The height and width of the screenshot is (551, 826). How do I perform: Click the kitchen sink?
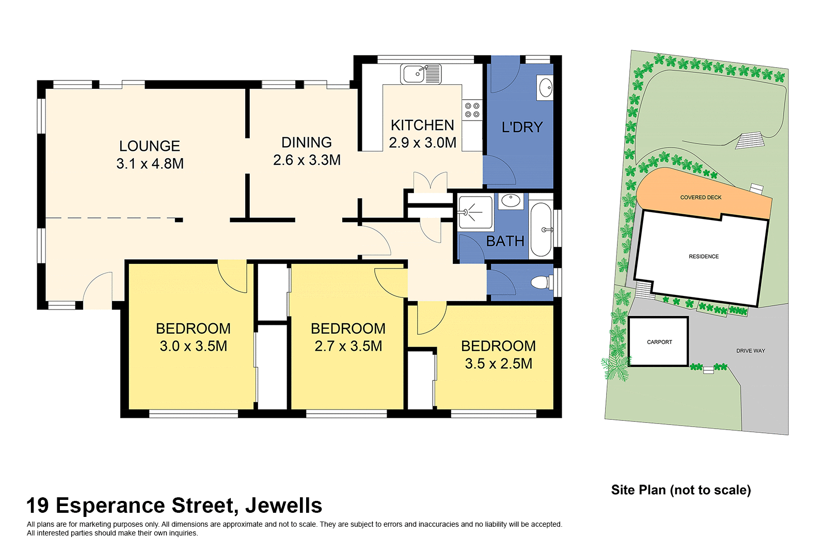point(421,74)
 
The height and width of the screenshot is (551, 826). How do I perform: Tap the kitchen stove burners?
point(472,110)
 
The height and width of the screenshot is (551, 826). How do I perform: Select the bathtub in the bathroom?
point(541,230)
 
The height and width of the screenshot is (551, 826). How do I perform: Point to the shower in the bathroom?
point(475,212)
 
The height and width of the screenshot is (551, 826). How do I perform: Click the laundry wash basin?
point(545,88)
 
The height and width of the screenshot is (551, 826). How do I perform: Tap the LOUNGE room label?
point(150,146)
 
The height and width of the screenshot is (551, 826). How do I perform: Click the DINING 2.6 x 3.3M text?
point(307,151)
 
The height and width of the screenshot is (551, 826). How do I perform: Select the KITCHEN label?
point(422,125)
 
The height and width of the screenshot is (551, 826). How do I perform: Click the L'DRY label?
point(522,127)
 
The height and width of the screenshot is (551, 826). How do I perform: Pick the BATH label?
point(505,241)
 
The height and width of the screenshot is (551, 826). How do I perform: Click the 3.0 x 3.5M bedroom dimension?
point(194,346)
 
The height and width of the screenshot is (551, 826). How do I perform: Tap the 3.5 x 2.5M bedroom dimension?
point(498,364)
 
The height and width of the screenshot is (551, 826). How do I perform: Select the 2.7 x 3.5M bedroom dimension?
point(348,346)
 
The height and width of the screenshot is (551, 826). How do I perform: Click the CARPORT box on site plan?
point(659,342)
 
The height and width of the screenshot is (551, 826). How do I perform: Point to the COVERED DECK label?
point(701,197)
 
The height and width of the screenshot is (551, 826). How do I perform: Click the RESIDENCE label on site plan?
point(704,256)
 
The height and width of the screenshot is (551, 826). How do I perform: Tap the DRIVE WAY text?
point(750,351)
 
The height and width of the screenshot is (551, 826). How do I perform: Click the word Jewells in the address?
point(283,506)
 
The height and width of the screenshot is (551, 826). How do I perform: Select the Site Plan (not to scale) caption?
point(681,490)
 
